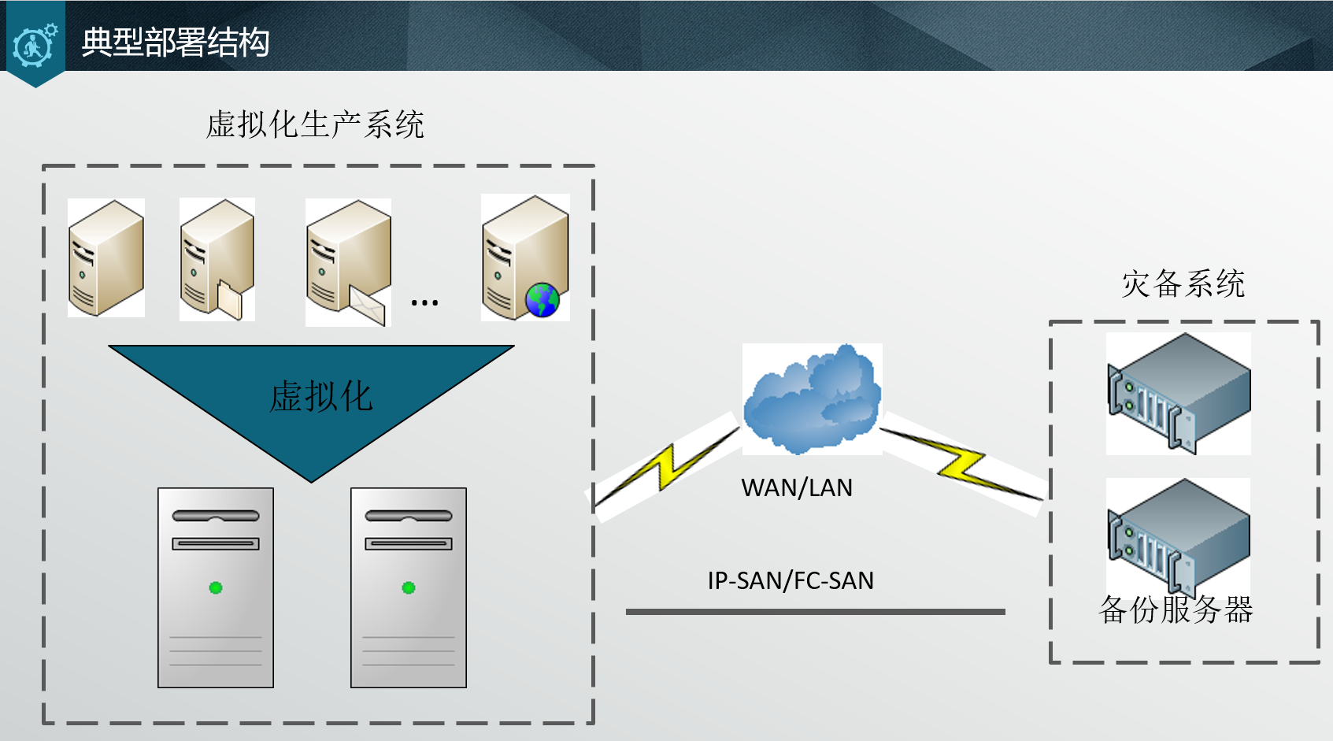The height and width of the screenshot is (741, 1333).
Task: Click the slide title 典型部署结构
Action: pyautogui.click(x=175, y=43)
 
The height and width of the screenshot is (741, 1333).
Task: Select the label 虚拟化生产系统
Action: pyautogui.click(x=315, y=124)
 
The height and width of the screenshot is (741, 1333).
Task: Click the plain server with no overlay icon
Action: pyautogui.click(x=106, y=258)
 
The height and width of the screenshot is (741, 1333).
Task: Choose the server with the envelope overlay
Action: pyautogui.click(x=348, y=262)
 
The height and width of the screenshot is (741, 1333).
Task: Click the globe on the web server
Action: pyautogui.click(x=542, y=300)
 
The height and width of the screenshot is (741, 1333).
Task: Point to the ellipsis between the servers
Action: pyautogui.click(x=424, y=302)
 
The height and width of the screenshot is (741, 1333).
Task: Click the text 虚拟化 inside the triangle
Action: pyautogui.click(x=320, y=396)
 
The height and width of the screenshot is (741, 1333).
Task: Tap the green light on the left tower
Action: pyautogui.click(x=216, y=587)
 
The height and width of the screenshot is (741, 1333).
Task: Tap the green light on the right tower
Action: pyautogui.click(x=409, y=587)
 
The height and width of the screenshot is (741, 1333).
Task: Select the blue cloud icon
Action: pyautogui.click(x=812, y=398)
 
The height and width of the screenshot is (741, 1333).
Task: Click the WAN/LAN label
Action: pyautogui.click(x=797, y=488)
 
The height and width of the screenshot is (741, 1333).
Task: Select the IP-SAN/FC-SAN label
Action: pyautogui.click(x=791, y=581)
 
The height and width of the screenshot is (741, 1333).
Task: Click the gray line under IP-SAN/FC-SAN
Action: pyautogui.click(x=815, y=612)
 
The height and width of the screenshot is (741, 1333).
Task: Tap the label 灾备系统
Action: pyautogui.click(x=1183, y=284)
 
